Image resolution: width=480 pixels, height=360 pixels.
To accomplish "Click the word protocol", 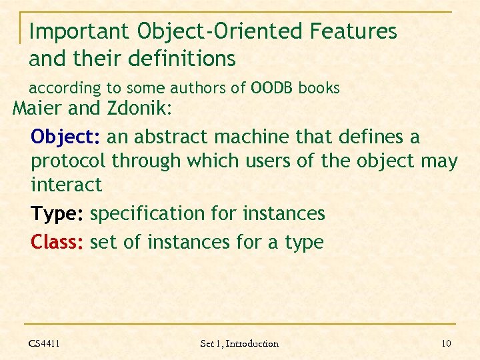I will pyautogui.click(x=69, y=161).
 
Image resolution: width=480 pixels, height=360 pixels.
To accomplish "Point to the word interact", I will pyautogui.click(x=67, y=184).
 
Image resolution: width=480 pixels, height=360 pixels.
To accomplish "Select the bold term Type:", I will pyautogui.click(x=57, y=214).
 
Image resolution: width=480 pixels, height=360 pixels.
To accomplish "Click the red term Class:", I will pyautogui.click(x=57, y=242).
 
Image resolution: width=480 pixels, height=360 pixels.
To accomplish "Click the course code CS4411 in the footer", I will pyautogui.click(x=44, y=343).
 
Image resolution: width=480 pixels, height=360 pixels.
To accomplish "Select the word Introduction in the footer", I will pyautogui.click(x=252, y=343).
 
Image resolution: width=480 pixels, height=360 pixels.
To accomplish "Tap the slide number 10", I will pyautogui.click(x=446, y=343).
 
